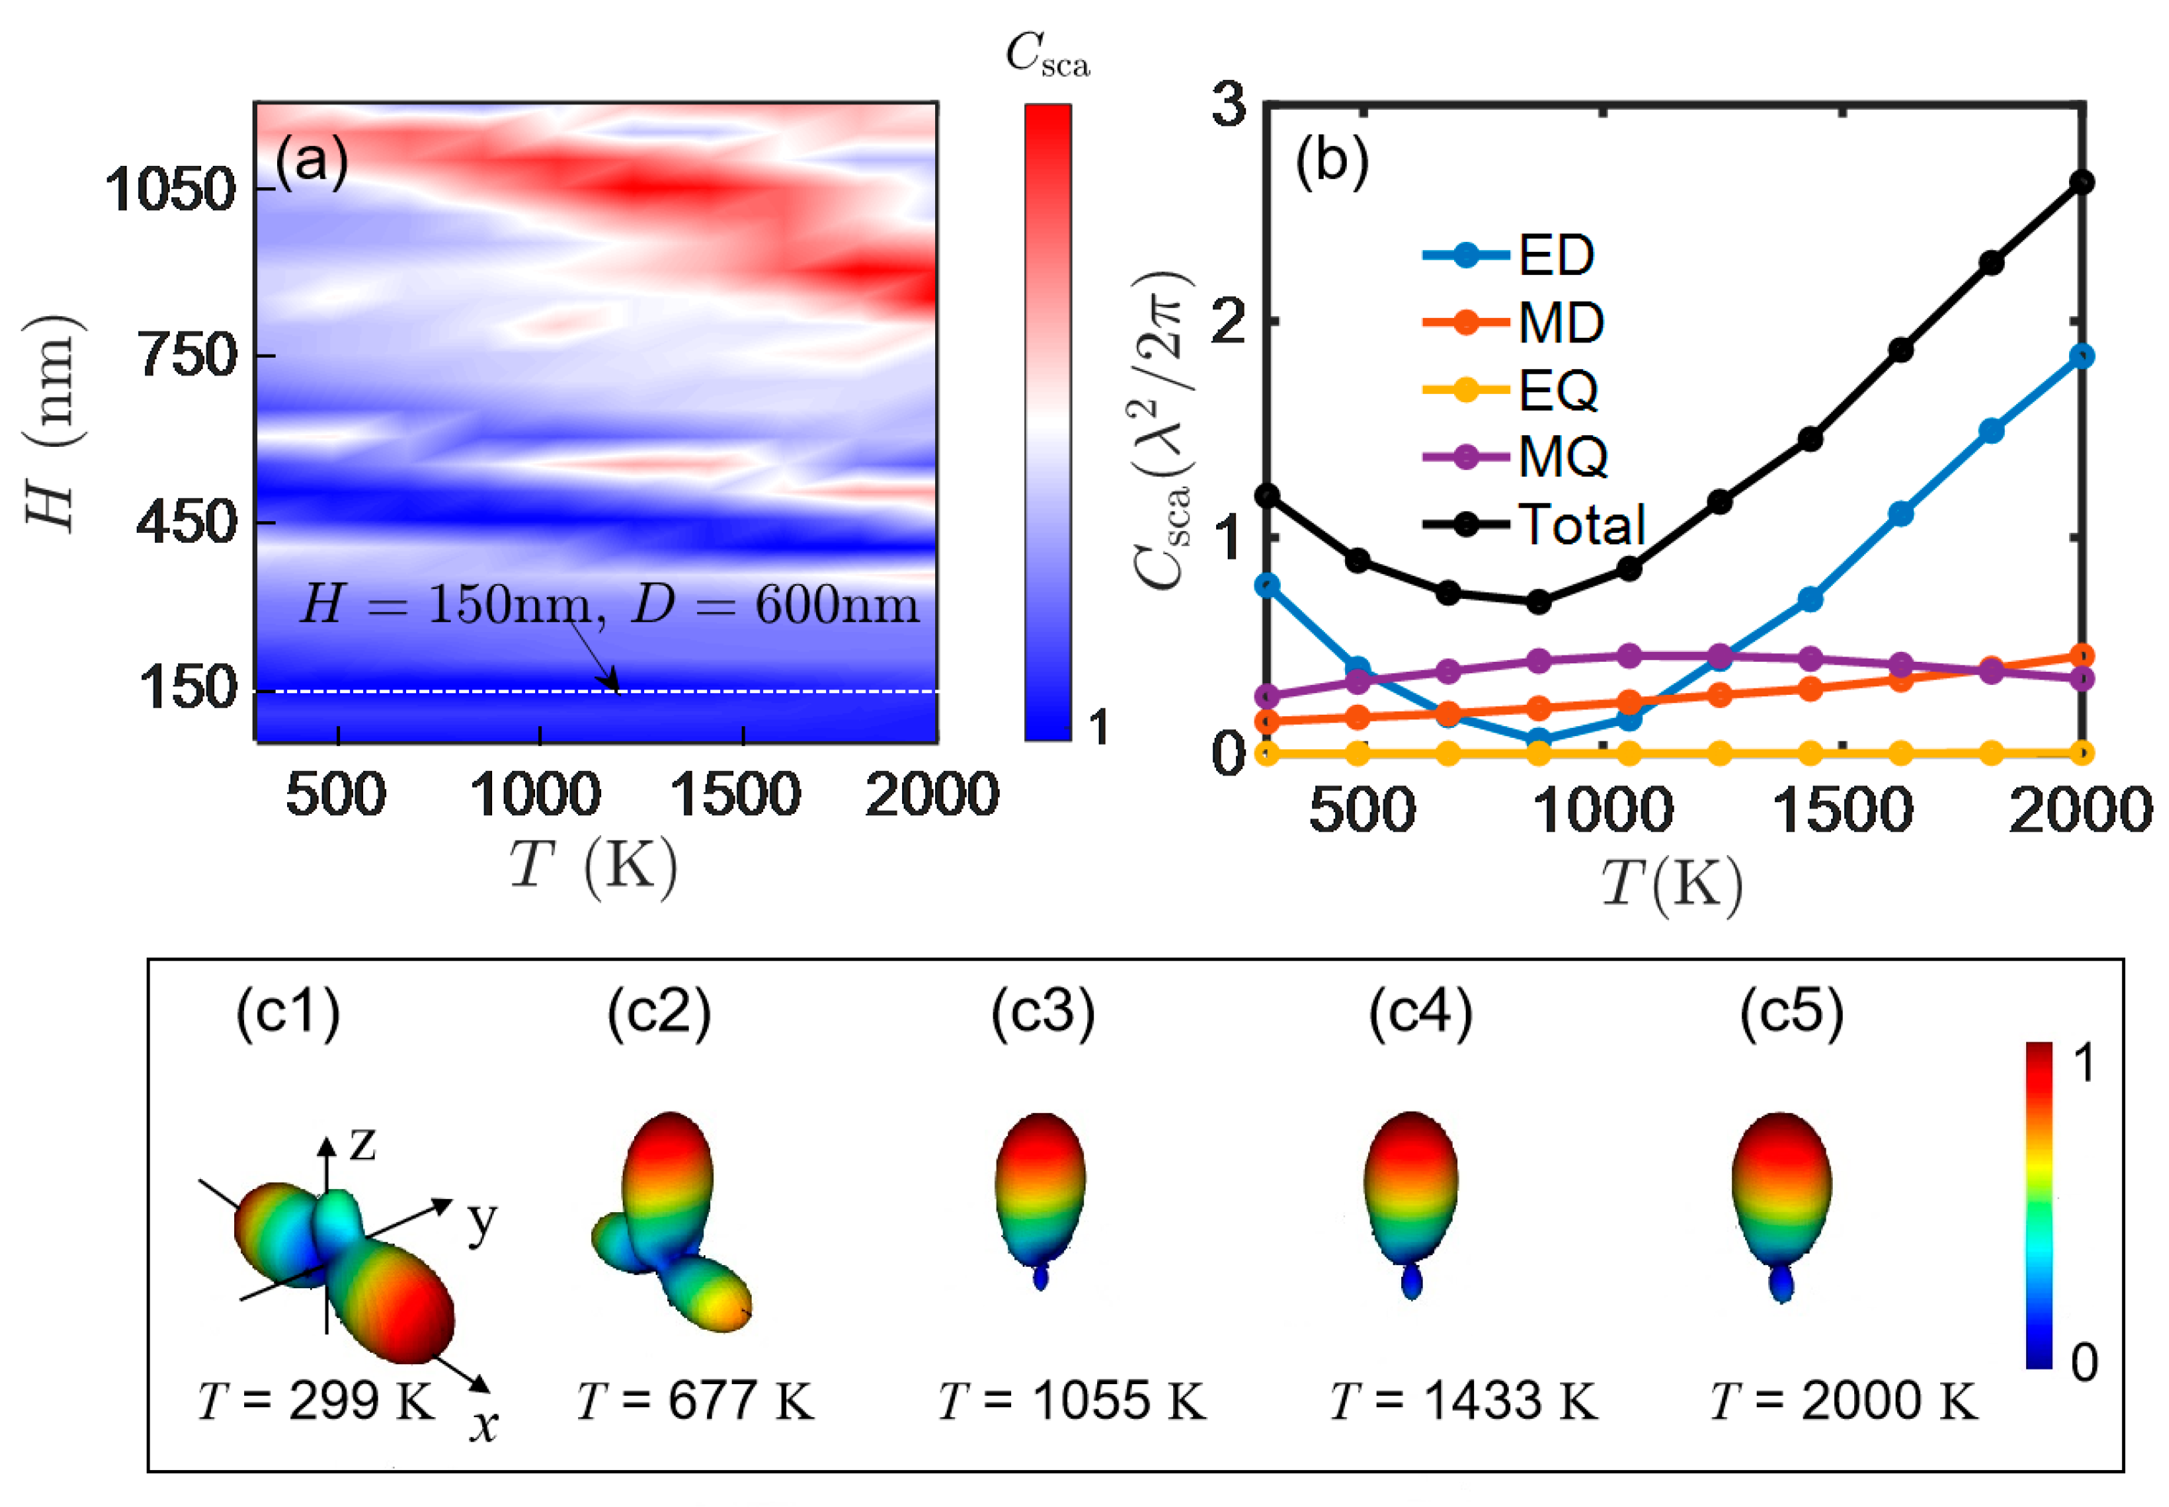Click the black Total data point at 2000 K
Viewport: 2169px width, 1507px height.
2080,182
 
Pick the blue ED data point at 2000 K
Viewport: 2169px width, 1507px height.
2080,356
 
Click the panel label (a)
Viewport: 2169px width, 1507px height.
312,160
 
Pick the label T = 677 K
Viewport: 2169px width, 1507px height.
695,1400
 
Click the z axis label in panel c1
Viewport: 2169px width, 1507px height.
362,1145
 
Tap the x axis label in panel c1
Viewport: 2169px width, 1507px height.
484,1425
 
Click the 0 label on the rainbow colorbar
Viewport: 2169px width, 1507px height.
2084,1362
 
